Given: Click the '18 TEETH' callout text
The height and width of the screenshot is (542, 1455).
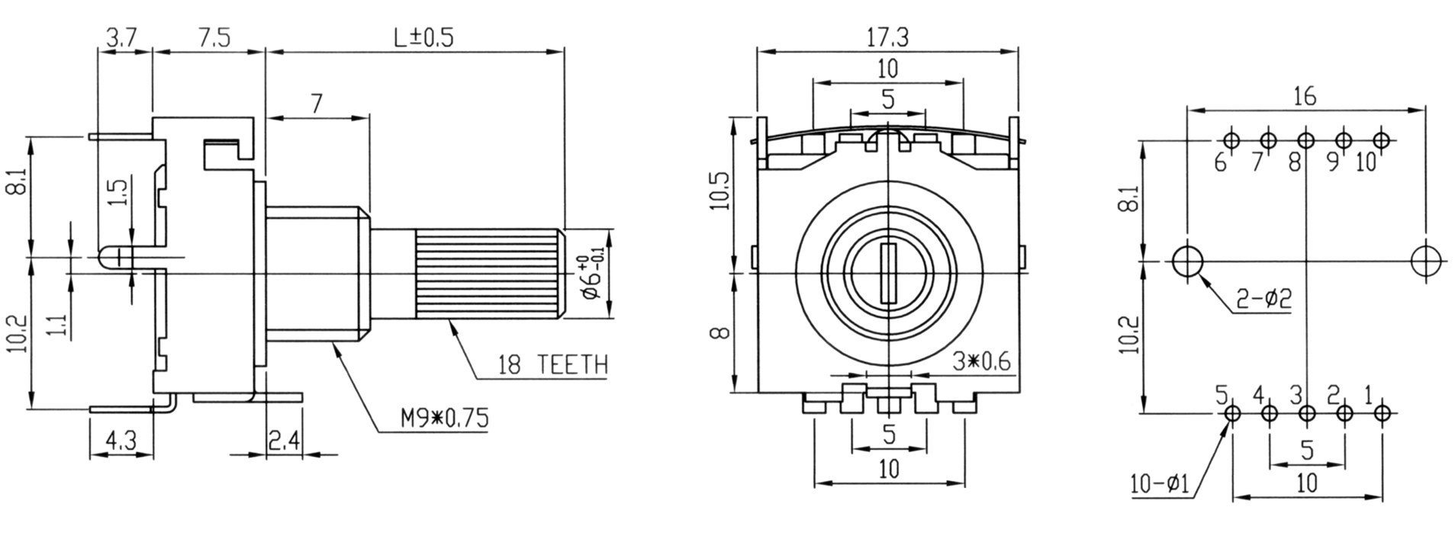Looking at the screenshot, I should click(553, 365).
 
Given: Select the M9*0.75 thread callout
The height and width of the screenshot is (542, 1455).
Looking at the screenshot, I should click(443, 418).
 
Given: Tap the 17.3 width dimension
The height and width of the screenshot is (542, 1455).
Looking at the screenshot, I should click(888, 36).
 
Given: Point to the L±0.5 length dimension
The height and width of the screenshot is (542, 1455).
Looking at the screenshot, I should click(424, 37).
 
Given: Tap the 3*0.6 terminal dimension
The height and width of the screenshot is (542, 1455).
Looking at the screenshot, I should click(981, 361).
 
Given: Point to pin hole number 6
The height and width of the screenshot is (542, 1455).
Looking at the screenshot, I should click(1231, 140).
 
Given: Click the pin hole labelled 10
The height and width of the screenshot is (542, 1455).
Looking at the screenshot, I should click(1381, 140).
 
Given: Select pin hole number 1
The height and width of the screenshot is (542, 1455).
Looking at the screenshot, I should click(1382, 413).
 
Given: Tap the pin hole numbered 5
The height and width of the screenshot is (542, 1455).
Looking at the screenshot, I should click(1231, 413).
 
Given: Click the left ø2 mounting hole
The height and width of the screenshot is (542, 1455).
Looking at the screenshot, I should click(1187, 261).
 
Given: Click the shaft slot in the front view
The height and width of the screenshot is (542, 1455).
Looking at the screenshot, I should click(888, 273).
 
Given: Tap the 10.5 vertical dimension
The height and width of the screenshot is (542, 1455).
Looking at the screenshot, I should click(719, 190).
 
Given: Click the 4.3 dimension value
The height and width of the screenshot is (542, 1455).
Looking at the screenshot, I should click(121, 440).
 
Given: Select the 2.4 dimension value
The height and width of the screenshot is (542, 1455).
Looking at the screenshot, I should click(284, 440).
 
